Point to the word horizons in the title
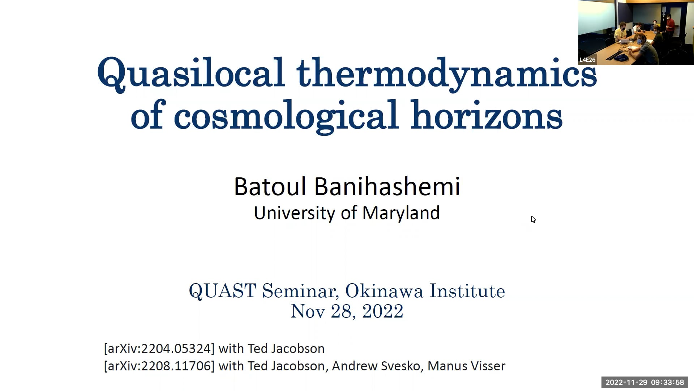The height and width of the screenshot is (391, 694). click(x=486, y=116)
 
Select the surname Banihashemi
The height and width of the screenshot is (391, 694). click(x=387, y=187)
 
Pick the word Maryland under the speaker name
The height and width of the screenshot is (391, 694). click(x=401, y=213)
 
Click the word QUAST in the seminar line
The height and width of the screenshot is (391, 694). click(x=223, y=291)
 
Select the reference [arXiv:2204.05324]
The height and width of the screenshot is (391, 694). click(x=159, y=349)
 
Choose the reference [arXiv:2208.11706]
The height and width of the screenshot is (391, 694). click(x=159, y=366)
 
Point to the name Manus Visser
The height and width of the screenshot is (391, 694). click(x=466, y=366)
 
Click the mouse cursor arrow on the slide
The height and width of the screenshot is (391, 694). click(x=533, y=219)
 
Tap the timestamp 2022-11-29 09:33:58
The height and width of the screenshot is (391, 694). click(x=645, y=382)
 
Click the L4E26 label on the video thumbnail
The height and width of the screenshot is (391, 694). click(x=587, y=60)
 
